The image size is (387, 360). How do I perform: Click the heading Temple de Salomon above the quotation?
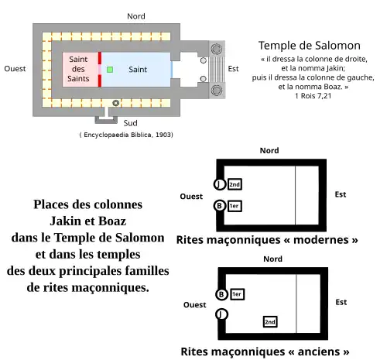309,46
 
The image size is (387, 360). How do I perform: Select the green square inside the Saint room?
110,70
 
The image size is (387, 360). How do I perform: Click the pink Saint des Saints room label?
78,70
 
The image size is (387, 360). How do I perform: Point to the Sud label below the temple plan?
132,123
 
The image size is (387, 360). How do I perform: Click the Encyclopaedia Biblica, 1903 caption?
126,135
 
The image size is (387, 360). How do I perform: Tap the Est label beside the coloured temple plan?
234,69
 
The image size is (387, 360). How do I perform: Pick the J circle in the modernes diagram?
220,184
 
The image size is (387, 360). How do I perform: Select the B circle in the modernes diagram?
220,206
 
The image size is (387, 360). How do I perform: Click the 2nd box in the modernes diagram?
235,184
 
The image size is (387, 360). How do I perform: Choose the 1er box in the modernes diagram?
234,206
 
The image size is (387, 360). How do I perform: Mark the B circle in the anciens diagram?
222,294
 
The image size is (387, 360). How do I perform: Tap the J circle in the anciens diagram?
222,314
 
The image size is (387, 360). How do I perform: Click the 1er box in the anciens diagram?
238,294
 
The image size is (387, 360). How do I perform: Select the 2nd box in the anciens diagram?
270,321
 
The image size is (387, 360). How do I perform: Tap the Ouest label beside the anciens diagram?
195,305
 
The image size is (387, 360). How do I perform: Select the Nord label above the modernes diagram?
269,150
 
